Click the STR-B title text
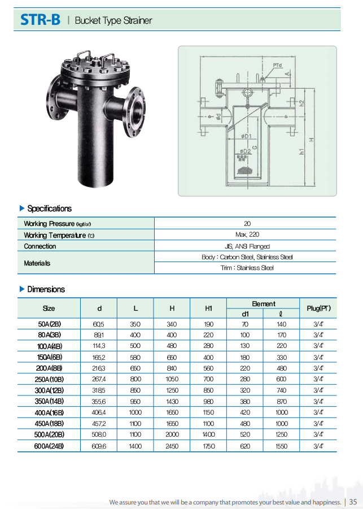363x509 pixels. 40,20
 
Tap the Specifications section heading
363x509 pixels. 49,208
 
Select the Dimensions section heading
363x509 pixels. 46,289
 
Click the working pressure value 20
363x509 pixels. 247,224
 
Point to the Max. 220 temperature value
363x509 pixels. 247,234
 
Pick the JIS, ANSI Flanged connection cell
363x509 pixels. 247,246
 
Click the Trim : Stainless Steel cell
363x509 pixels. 247,268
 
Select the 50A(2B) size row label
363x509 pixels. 49,324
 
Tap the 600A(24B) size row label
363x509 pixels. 49,446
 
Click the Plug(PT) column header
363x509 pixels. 318,308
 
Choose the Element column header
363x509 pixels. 263,303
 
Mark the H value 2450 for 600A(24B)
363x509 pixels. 172,446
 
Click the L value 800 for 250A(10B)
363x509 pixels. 135,379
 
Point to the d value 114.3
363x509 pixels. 99,346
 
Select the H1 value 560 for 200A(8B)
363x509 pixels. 208,368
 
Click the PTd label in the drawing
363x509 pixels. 277,66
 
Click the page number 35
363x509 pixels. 353,502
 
